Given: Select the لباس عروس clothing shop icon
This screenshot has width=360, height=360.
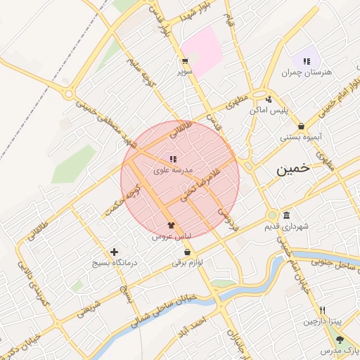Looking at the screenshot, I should [x=171, y=225].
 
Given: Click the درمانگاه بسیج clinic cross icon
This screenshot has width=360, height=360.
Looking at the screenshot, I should [x=115, y=252].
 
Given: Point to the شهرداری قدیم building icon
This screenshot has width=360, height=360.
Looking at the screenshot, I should [x=286, y=215].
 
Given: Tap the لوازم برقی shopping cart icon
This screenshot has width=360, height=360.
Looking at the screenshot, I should [x=187, y=252].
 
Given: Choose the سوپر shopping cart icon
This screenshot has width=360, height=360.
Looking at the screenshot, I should [x=184, y=61].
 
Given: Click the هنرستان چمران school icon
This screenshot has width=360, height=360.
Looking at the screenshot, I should [x=307, y=61].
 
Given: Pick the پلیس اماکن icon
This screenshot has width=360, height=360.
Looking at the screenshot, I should [x=270, y=99].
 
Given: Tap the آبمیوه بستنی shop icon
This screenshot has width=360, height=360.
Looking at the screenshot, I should [x=301, y=126].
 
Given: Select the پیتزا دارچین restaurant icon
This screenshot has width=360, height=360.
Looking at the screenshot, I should [x=322, y=310].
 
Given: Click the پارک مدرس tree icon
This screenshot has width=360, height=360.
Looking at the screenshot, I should [x=340, y=340].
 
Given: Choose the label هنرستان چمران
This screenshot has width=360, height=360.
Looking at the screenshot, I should [x=307, y=72].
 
